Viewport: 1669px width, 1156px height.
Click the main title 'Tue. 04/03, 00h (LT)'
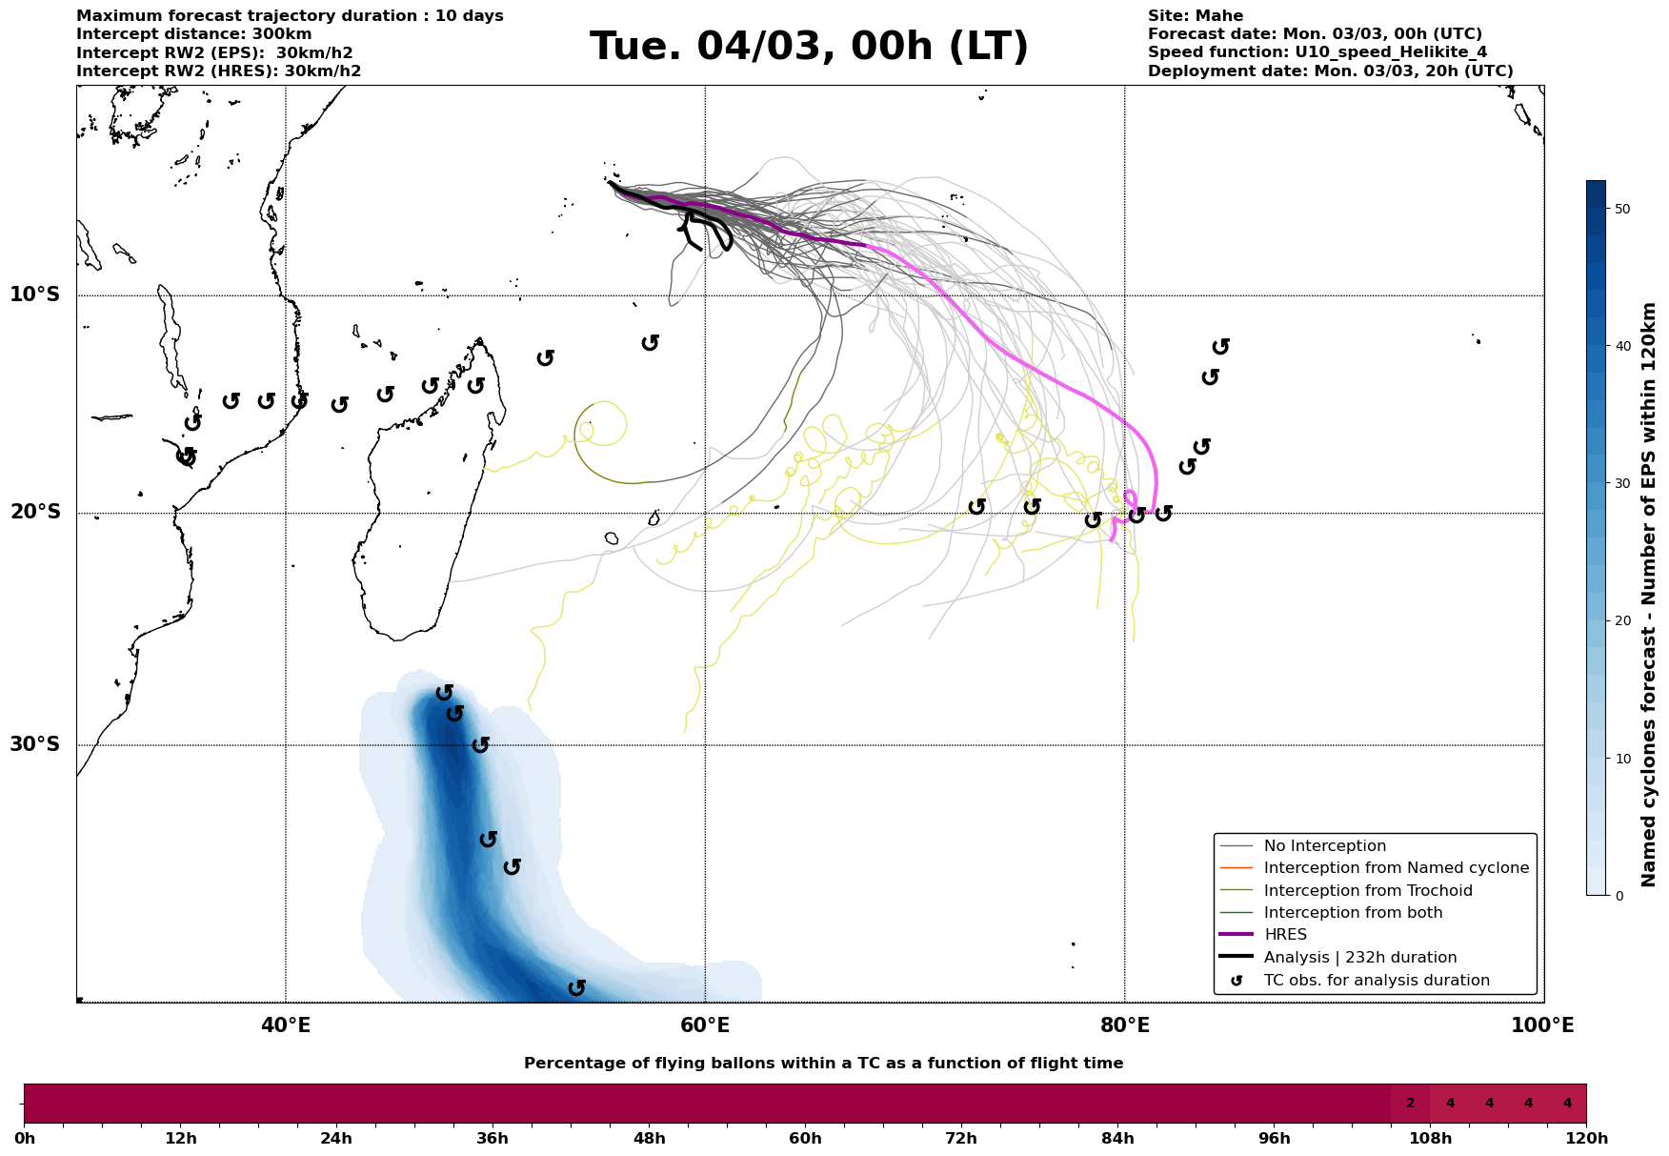[x=809, y=47]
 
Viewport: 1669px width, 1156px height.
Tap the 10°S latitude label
[x=35, y=294]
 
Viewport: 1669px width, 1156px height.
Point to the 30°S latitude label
[x=35, y=744]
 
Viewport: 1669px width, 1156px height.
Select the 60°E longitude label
[x=705, y=1025]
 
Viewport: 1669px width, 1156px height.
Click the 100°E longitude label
[x=1542, y=1025]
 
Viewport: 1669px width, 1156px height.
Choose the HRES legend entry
[x=1285, y=935]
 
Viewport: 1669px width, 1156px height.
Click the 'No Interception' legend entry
[x=1324, y=846]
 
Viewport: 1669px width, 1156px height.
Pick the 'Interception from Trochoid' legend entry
[x=1367, y=891]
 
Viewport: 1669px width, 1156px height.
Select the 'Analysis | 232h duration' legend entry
[x=1359, y=958]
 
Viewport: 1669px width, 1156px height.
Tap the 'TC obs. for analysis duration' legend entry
[x=1376, y=981]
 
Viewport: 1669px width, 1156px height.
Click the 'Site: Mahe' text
[x=1195, y=16]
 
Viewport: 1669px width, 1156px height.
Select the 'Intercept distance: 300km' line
[x=193, y=34]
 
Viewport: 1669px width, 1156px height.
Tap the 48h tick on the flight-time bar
[x=649, y=1138]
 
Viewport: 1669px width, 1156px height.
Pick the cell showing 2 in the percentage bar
[x=1410, y=1104]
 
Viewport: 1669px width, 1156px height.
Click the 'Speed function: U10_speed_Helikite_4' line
[x=1317, y=52]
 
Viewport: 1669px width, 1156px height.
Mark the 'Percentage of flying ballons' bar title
[x=823, y=1064]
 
